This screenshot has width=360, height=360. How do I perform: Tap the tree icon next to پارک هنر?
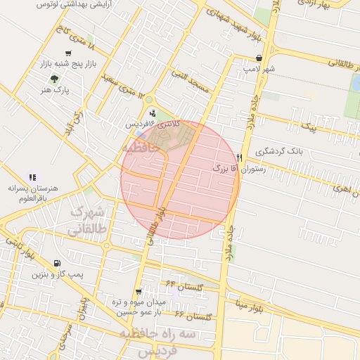55,79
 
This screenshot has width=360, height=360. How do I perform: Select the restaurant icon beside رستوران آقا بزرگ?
240,157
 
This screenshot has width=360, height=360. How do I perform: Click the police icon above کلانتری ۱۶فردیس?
153,112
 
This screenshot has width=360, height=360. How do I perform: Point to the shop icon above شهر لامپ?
260,58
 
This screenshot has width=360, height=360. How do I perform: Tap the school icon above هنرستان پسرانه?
32,177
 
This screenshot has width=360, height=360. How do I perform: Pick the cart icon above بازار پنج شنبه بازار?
68,53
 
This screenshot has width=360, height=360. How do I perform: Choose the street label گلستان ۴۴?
186,285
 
